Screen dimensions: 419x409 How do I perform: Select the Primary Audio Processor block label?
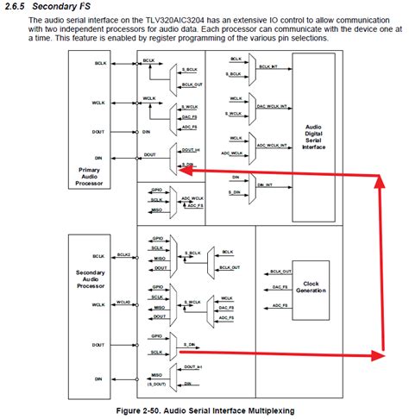click(x=89, y=176)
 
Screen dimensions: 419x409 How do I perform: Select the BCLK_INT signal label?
click(x=267, y=66)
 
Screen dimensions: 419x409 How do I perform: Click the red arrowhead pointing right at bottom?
click(x=377, y=355)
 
